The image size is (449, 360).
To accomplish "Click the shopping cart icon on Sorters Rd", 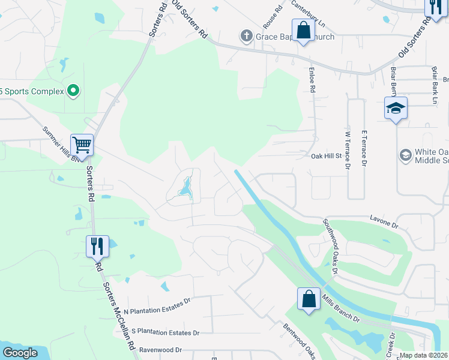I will pos(82,144).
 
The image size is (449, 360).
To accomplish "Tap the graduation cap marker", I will pos(396,108).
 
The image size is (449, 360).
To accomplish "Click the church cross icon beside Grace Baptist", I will pos(246,37).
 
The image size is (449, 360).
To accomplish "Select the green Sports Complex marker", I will pos(73,91).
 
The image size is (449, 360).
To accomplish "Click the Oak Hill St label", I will pos(326,156).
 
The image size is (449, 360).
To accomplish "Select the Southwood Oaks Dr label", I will pos(331,246).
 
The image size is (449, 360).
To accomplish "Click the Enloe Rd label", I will pos(312,80).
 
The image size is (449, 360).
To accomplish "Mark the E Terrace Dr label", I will pos(364,148).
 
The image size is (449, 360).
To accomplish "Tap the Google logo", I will pos(20,353).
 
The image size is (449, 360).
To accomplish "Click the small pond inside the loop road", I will pos(186,187).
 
